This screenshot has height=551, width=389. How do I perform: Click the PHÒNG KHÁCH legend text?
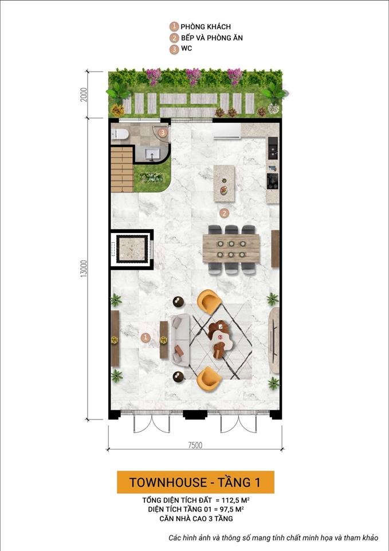pyautogui.click(x=206, y=27)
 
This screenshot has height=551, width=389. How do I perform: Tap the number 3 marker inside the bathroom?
pyautogui.click(x=163, y=133)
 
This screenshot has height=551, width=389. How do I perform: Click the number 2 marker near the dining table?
pyautogui.click(x=225, y=213)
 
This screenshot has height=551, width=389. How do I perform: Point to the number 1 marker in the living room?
pyautogui.click(x=146, y=337)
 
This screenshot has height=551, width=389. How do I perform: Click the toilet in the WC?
pyautogui.click(x=120, y=134)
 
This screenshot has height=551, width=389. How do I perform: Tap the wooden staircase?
pyautogui.click(x=122, y=169)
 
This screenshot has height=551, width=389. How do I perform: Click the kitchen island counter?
pyautogui.click(x=224, y=183)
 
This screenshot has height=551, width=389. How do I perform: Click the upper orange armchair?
pyautogui.click(x=209, y=302)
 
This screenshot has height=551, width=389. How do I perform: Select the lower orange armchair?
pyautogui.click(x=209, y=377)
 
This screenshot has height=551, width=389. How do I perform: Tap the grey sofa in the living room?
pyautogui.click(x=179, y=340)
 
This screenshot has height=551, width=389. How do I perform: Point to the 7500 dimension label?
pyautogui.click(x=194, y=445)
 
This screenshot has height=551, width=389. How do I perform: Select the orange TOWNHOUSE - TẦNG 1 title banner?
pyautogui.click(x=195, y=482)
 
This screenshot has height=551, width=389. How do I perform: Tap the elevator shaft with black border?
pyautogui.click(x=132, y=249)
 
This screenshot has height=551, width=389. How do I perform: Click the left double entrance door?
pyautogui.click(x=152, y=424)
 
